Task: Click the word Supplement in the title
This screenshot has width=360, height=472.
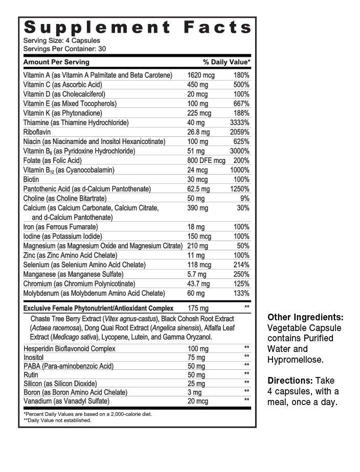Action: (x=97, y=27)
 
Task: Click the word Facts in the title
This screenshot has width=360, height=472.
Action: (x=217, y=27)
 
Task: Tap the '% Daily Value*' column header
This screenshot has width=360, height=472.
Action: (x=227, y=62)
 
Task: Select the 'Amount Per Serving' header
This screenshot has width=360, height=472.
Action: (x=56, y=62)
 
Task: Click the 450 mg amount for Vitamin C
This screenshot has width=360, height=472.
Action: (x=196, y=85)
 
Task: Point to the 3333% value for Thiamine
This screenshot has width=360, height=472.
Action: (x=239, y=123)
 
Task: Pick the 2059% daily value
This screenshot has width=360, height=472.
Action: (x=239, y=132)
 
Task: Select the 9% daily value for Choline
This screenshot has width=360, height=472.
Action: (x=244, y=199)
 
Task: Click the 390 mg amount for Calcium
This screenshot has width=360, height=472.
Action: (x=198, y=208)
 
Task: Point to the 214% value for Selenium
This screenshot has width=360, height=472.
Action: (x=241, y=265)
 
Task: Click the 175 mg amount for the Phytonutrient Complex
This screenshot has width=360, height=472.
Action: (x=198, y=309)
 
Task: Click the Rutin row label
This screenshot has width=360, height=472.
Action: (x=31, y=375)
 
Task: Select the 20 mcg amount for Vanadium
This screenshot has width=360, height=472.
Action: (x=198, y=401)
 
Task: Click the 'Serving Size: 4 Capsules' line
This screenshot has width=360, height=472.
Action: (x=62, y=41)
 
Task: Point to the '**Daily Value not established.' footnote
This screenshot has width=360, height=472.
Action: (x=57, y=420)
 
